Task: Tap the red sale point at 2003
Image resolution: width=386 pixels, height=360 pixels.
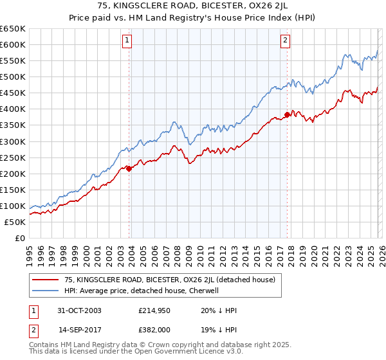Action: (x=129, y=168)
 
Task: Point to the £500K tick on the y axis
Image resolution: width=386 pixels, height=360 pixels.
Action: (x=14, y=77)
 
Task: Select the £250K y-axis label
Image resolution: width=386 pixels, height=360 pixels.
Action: (x=14, y=157)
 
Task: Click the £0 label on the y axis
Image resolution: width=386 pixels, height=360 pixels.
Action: (x=21, y=238)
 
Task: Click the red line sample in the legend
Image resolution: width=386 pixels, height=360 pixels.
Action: (x=46, y=280)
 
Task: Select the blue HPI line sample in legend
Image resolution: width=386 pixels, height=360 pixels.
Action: (x=46, y=291)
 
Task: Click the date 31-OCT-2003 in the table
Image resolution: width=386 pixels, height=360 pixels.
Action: (x=80, y=310)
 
